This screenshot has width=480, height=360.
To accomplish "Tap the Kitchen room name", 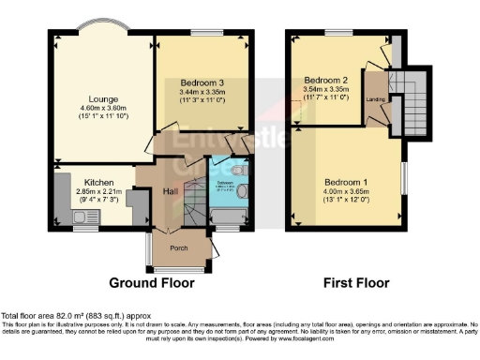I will pyautogui.click(x=99, y=182).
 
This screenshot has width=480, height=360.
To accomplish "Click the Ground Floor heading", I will pyautogui.click(x=152, y=282).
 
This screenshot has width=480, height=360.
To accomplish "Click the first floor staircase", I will pyautogui.click(x=411, y=97).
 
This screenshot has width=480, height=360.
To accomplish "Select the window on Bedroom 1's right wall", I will pyautogui.click(x=406, y=172).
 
